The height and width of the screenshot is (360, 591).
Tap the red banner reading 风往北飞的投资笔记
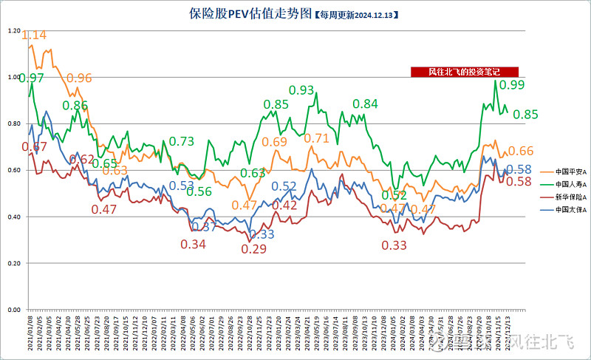[x=465, y=72]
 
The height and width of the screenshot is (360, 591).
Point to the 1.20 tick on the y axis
[x=13, y=31]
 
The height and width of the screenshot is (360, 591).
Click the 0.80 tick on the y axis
[x=13, y=123]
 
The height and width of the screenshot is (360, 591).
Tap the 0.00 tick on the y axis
[x=13, y=309]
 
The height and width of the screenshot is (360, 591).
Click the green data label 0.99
[x=512, y=86]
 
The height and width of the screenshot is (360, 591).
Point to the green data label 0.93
[x=301, y=90]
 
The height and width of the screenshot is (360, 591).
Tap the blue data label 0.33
[x=262, y=234]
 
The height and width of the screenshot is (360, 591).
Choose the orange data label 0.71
[x=317, y=138]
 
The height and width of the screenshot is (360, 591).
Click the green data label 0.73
[x=182, y=141]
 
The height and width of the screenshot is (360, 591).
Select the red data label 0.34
[x=194, y=245]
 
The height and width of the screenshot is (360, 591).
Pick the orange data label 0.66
[x=520, y=151]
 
